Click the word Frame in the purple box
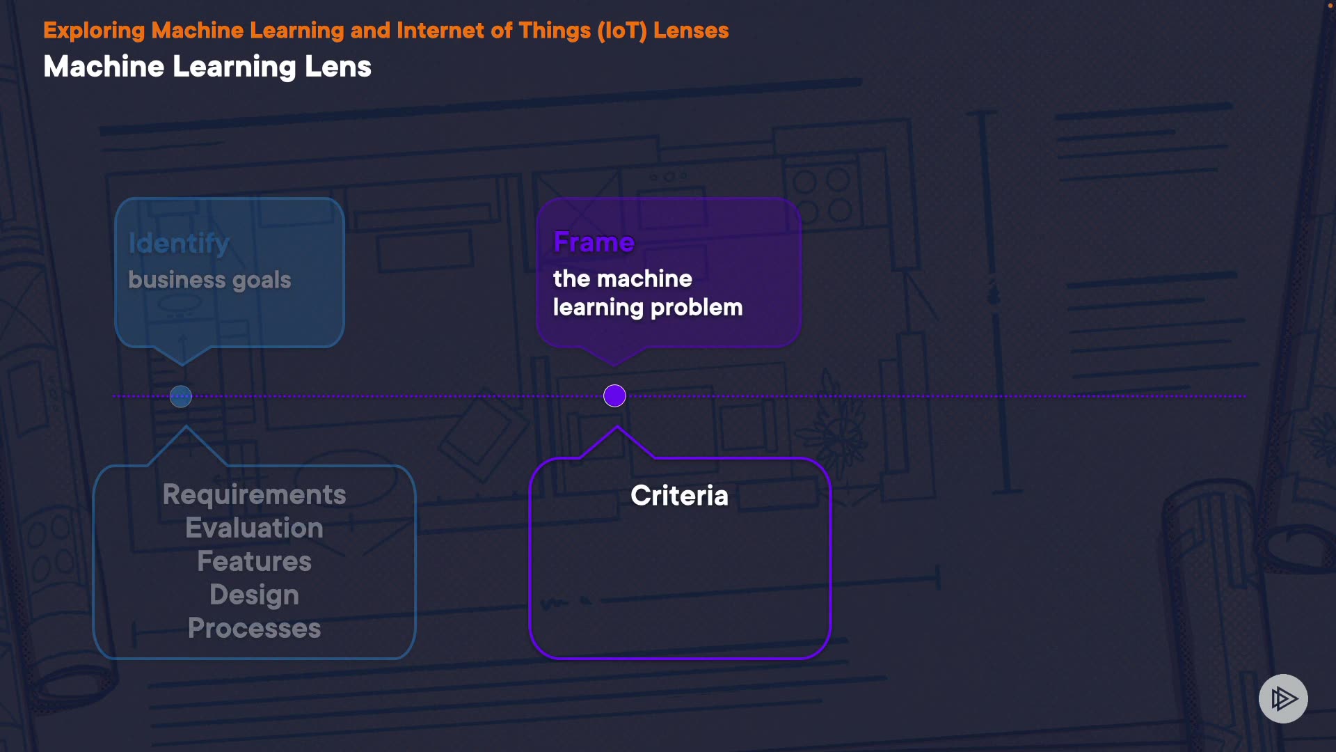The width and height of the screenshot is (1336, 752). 594,242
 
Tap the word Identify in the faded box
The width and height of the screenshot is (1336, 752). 179,243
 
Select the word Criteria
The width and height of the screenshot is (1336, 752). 679,496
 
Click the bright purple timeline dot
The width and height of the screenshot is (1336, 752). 614,396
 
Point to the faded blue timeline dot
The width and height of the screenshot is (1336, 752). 181,397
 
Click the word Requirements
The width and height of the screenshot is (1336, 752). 254,494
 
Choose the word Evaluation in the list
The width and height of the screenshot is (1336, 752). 254,528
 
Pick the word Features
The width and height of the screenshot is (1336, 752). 254,561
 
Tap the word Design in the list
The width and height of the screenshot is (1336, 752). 254,595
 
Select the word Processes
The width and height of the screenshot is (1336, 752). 254,628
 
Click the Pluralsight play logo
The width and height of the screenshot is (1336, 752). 1283,698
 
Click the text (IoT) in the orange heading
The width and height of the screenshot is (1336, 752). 622,31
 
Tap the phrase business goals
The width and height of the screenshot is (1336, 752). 209,280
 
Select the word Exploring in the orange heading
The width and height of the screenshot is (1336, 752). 94,31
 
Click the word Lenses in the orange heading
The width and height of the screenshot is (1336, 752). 691,31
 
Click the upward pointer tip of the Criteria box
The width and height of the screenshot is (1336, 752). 617,428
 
